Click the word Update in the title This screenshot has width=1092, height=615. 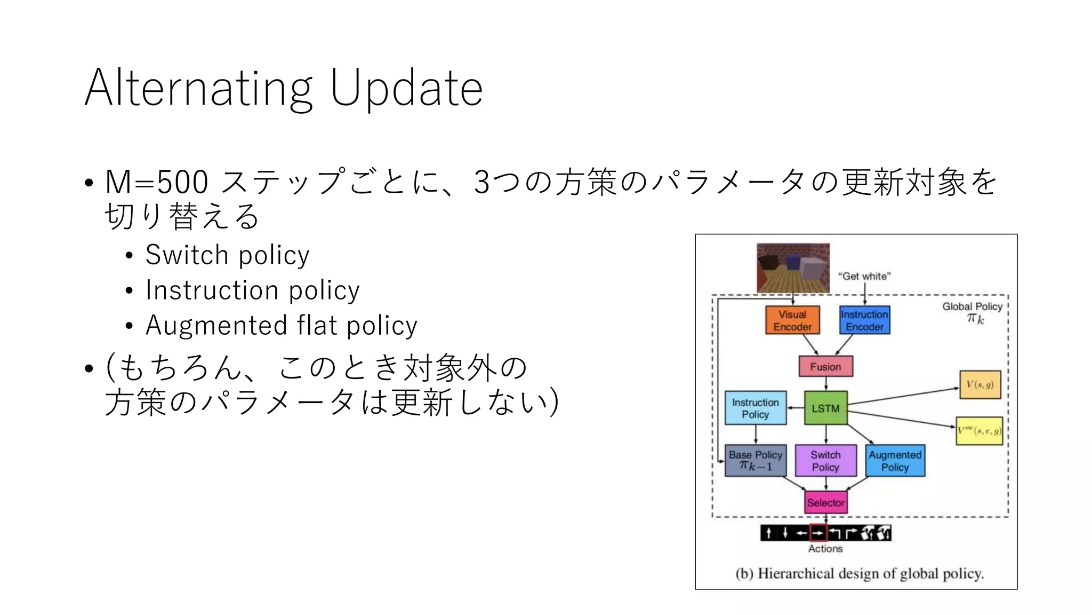coord(406,89)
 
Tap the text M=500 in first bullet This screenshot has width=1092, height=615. coord(156,182)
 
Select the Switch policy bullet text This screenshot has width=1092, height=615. coord(227,255)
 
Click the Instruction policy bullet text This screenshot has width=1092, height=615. coord(252,290)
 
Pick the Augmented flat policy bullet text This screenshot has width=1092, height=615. coord(281,326)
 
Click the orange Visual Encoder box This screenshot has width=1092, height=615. coord(792,320)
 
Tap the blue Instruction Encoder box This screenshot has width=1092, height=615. coord(864,320)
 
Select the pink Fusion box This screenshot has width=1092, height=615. coord(825,367)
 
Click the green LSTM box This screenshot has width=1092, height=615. coord(825,408)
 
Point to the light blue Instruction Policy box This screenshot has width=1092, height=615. coord(755,408)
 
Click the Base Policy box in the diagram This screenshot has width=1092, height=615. coord(755,461)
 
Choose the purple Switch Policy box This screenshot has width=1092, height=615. coord(825,461)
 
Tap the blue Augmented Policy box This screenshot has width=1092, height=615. coord(895,461)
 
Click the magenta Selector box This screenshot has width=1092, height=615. coord(825,502)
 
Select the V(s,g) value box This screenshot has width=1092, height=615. coord(979,385)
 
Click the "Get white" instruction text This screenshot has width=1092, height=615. coord(864,276)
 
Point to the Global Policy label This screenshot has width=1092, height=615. coord(972,306)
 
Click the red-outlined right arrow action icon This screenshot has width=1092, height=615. coord(818,533)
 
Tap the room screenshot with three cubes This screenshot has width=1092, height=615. coord(793,268)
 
